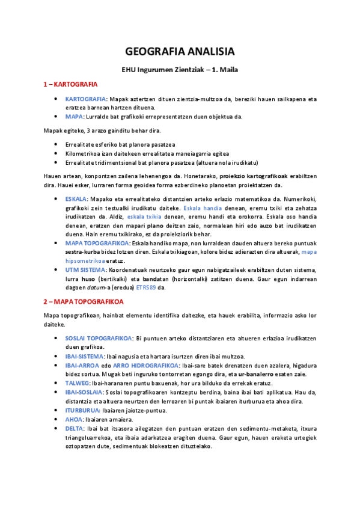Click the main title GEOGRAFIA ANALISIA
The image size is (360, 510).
point(180,51)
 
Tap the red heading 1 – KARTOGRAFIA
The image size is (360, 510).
point(70,84)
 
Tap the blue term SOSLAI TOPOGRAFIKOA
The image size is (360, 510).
point(100,339)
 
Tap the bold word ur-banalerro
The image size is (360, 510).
point(254,374)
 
